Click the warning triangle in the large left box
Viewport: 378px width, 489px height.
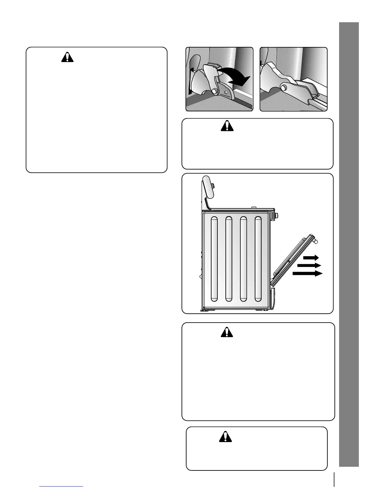tap(67, 58)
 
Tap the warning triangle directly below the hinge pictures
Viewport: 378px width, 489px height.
tap(227, 126)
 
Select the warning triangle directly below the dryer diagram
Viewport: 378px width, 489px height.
tap(227, 332)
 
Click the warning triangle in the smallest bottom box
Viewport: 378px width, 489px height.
tap(225, 436)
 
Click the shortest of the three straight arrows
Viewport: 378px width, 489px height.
tap(311, 257)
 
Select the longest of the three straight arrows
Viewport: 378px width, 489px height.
tap(308, 273)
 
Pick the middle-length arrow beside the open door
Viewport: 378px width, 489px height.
tap(309, 265)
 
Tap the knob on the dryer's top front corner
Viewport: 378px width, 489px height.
tap(277, 215)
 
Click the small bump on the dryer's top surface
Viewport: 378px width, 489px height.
tap(254, 208)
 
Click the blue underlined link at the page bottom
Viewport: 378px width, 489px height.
tap(61, 486)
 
